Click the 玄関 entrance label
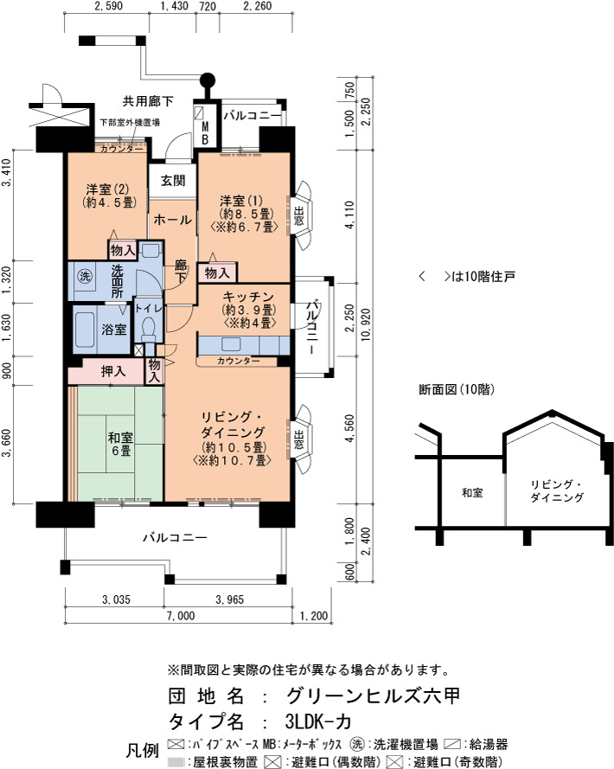[x=173, y=181]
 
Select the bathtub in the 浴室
[x=84, y=329]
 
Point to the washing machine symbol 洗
[x=85, y=276]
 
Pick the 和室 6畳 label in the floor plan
[x=121, y=444]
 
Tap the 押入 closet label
[x=113, y=372]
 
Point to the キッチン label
[x=248, y=297]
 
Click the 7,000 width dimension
[x=181, y=616]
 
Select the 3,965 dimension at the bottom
[x=229, y=599]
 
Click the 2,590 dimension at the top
[x=108, y=6]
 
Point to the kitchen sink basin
[x=231, y=343]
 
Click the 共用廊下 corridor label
[x=148, y=101]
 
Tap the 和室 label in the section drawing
[x=472, y=493]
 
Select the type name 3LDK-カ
[x=317, y=721]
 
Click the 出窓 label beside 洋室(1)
[x=298, y=215]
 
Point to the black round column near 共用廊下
[x=208, y=80]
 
